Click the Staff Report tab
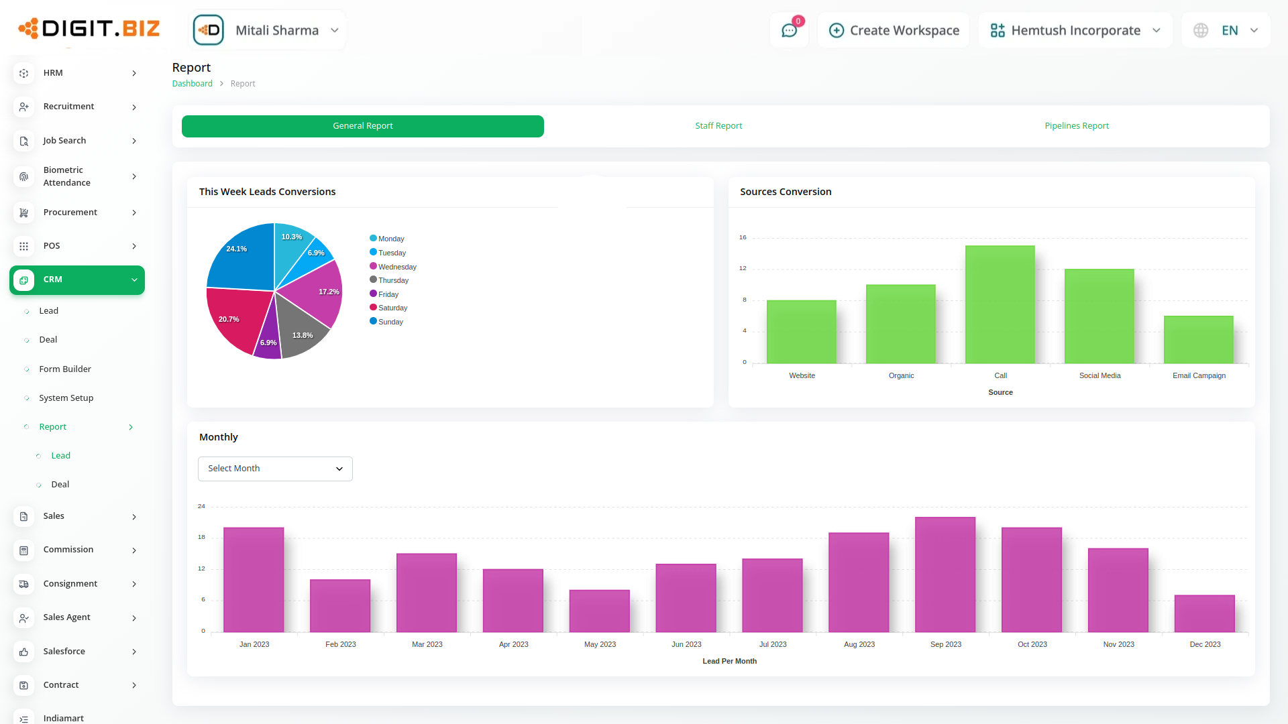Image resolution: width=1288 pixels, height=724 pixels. click(718, 126)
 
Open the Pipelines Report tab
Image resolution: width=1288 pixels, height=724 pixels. click(1076, 126)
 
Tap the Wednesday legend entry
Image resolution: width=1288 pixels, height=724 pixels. click(396, 267)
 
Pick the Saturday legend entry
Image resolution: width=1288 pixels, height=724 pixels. click(392, 308)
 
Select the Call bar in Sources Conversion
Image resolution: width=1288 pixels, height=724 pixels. click(1000, 305)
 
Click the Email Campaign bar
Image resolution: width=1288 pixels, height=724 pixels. click(1198, 340)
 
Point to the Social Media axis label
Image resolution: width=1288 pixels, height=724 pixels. click(1099, 375)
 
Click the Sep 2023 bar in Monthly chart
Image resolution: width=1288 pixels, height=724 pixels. click(945, 575)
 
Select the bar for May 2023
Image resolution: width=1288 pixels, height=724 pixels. click(599, 611)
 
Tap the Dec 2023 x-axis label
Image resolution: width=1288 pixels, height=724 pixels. click(1205, 644)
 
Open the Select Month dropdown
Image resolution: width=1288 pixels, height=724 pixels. click(275, 469)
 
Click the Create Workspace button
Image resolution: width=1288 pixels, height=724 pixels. click(894, 30)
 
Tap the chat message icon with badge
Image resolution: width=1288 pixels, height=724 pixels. click(789, 30)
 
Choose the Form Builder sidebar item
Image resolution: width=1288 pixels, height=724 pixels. click(65, 369)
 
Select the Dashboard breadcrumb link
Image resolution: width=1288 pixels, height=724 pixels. click(192, 84)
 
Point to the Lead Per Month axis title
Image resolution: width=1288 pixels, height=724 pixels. click(729, 661)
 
